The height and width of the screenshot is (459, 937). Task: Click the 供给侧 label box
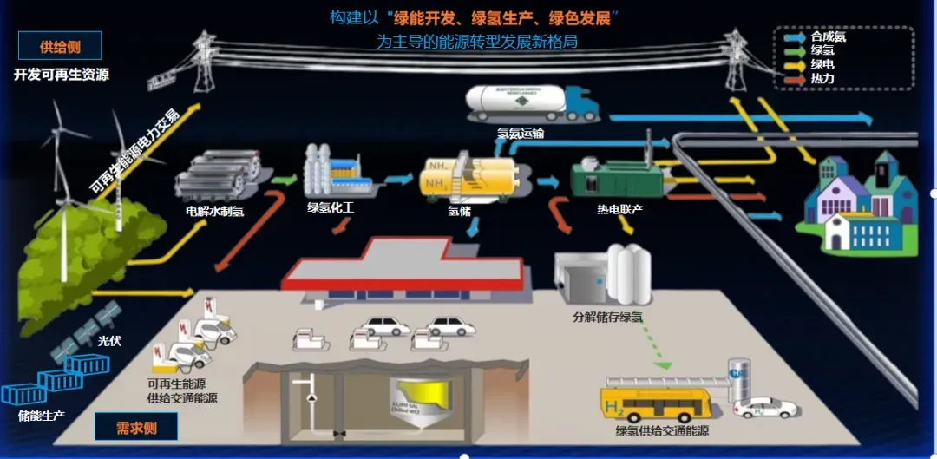[60, 46]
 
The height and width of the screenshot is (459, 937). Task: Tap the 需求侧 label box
[135, 426]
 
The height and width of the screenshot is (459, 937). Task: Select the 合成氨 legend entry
[828, 36]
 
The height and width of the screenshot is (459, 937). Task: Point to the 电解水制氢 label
[215, 210]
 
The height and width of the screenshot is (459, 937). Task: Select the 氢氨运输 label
[521, 133]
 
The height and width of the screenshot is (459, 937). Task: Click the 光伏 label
[109, 341]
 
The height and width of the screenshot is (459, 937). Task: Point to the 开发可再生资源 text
[61, 75]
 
